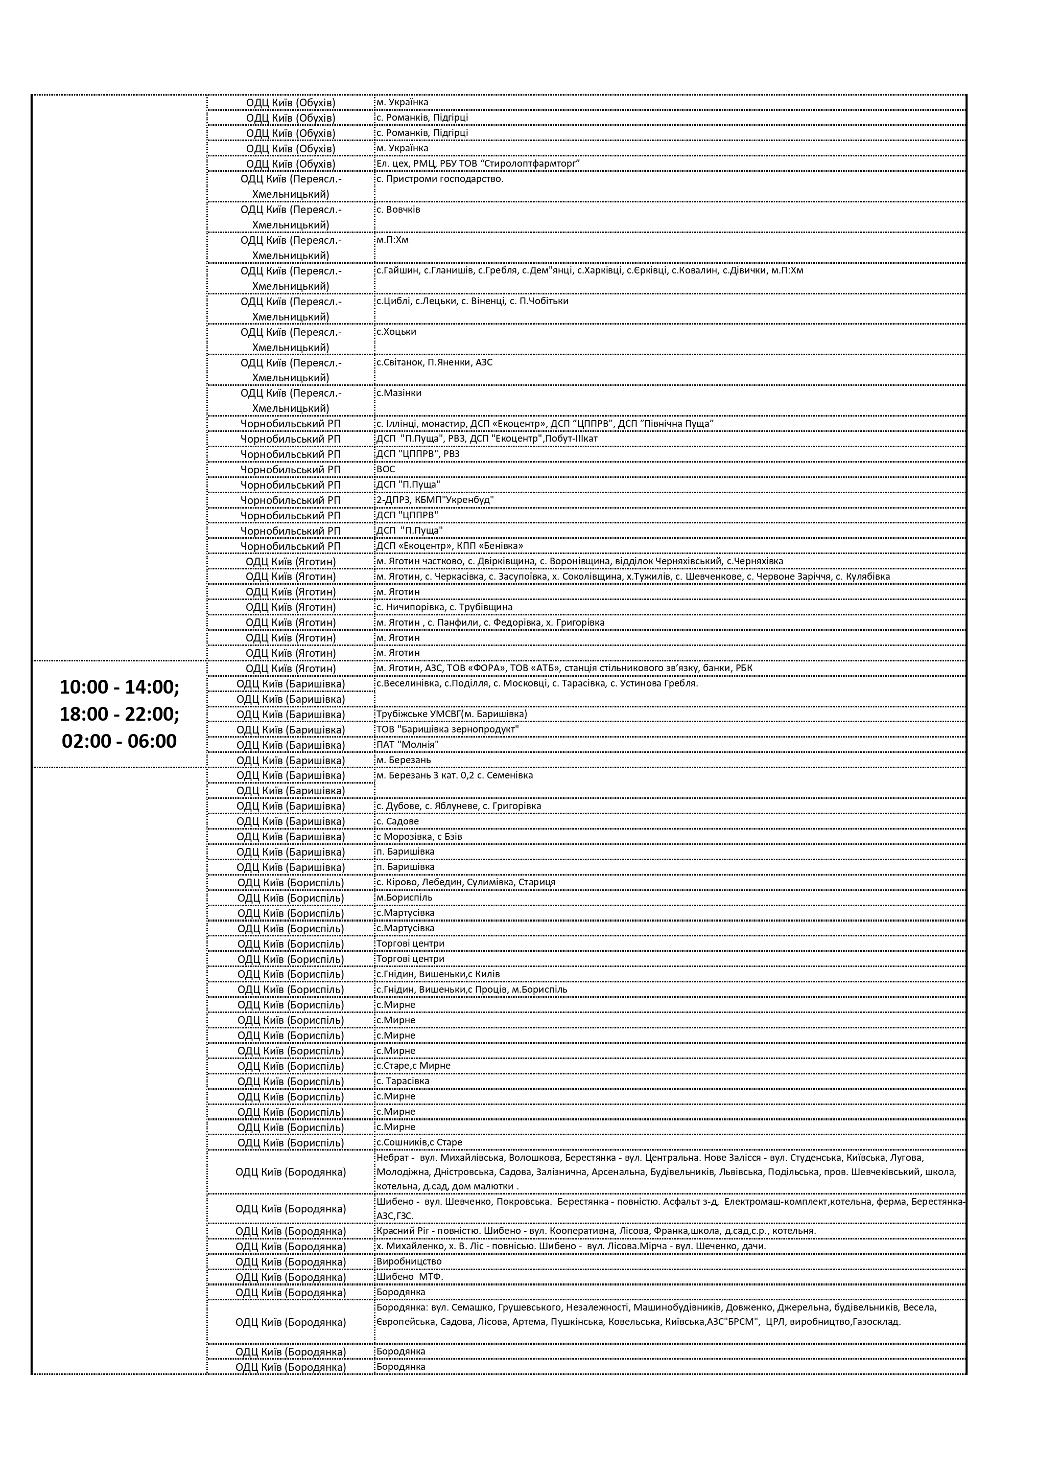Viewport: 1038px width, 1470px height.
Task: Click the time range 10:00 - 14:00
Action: [x=120, y=687]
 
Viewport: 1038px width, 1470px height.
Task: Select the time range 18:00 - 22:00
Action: [x=120, y=714]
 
